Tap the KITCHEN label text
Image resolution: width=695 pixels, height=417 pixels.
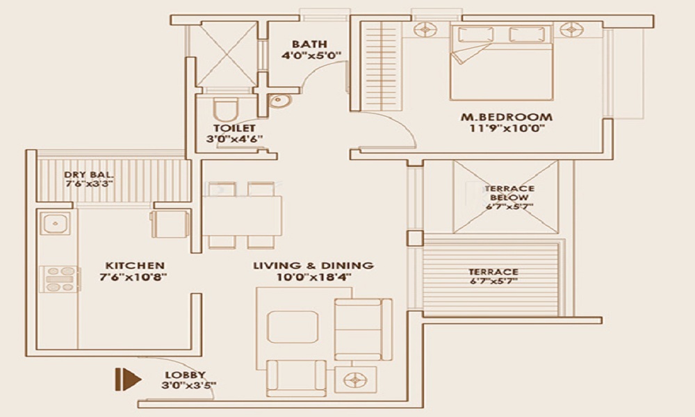coord(135,265)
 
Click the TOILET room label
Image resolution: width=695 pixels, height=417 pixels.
coord(234,128)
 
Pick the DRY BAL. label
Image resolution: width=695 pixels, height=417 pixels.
coord(88,174)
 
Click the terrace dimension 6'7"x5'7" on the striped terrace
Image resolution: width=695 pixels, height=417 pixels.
coord(493,282)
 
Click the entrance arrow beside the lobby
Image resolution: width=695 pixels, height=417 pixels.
coord(128,379)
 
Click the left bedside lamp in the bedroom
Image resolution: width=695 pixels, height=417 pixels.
coord(424,30)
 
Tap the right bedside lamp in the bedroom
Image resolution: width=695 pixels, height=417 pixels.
coord(570,30)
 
